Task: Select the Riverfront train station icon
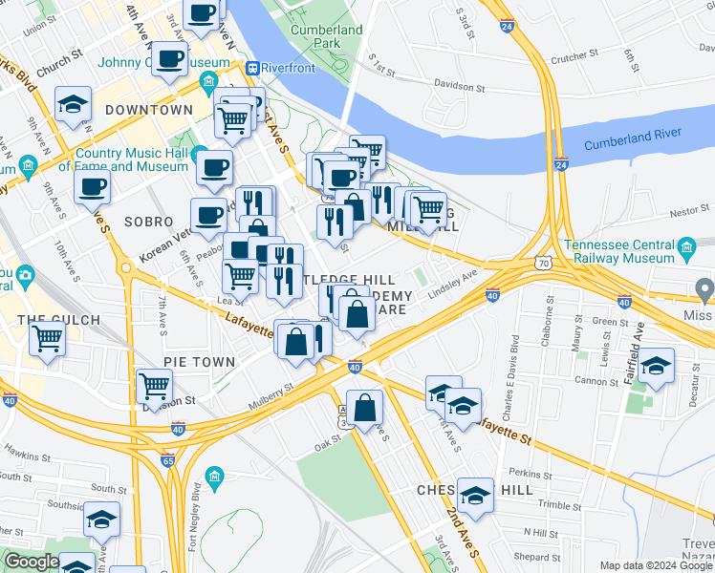coord(253,68)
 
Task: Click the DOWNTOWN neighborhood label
coord(149,110)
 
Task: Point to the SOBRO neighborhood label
coord(147,221)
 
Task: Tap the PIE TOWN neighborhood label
coord(199,362)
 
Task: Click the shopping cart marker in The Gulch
coord(47,337)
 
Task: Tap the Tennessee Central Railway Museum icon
coord(685,250)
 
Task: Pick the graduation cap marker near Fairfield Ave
coord(656,366)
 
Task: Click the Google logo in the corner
coord(32,562)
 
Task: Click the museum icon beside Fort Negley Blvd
coord(214,476)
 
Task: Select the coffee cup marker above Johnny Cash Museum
coord(169,57)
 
